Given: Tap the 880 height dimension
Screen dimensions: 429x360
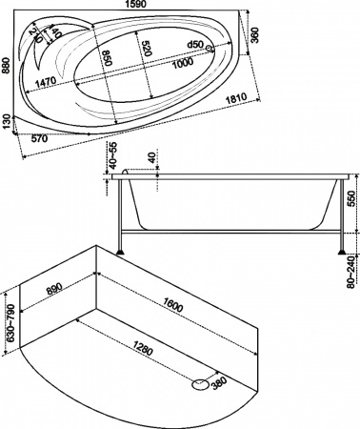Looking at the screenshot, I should (6, 64).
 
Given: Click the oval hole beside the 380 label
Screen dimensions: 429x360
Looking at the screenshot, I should (200, 384).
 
